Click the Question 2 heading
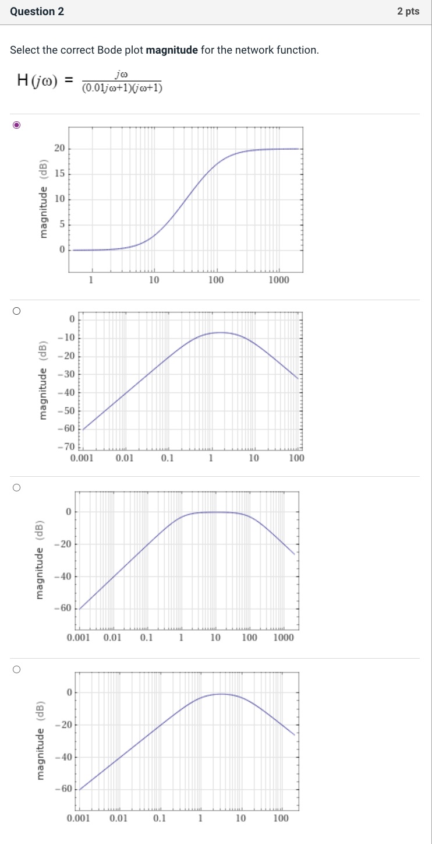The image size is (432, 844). [x=37, y=12]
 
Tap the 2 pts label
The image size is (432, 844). [x=408, y=12]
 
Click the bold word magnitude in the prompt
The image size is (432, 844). [x=172, y=50]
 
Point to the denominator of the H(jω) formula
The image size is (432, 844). [x=122, y=88]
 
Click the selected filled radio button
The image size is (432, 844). [x=17, y=125]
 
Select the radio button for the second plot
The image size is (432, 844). [x=17, y=311]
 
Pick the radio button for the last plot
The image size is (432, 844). [x=17, y=670]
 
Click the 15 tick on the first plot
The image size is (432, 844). [x=60, y=174]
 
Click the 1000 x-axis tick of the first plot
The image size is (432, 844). [x=278, y=280]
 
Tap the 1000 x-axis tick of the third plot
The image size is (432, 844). [x=283, y=638]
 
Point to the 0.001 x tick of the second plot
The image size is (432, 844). [x=82, y=458]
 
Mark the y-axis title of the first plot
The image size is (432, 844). [x=43, y=198]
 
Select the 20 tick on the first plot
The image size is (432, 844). [x=60, y=149]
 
